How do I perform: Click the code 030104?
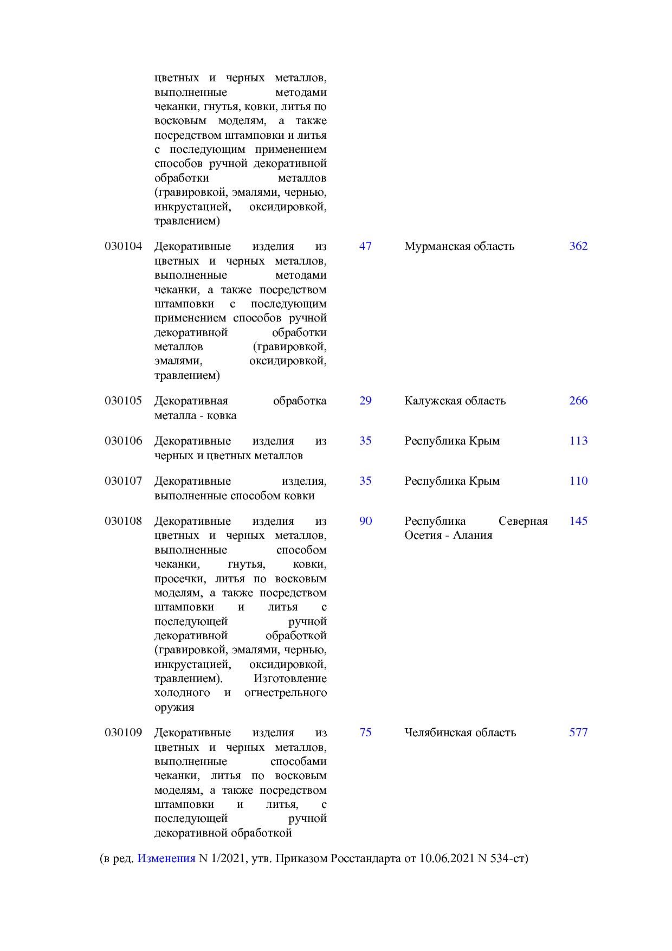pyautogui.click(x=123, y=246)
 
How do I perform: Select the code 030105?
pyautogui.click(x=123, y=401)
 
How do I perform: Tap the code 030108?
pyautogui.click(x=123, y=521)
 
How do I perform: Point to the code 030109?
pyautogui.click(x=123, y=732)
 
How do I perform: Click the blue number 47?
pyautogui.click(x=365, y=246)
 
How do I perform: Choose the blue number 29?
pyautogui.click(x=365, y=401)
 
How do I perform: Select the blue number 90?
pyautogui.click(x=365, y=521)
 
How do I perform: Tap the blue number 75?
pyautogui.click(x=365, y=732)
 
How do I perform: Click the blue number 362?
pyautogui.click(x=578, y=246)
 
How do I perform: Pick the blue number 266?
pyautogui.click(x=578, y=401)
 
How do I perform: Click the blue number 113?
pyautogui.click(x=578, y=441)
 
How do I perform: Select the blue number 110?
pyautogui.click(x=578, y=481)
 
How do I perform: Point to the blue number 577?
pyautogui.click(x=578, y=732)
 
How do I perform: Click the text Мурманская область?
pyautogui.click(x=459, y=246)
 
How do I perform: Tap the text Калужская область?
pyautogui.click(x=455, y=401)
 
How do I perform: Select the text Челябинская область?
pyautogui.click(x=460, y=732)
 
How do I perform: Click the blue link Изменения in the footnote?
pyautogui.click(x=166, y=858)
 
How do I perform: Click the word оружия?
pyautogui.click(x=174, y=707)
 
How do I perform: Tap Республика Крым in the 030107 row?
pyautogui.click(x=452, y=481)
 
